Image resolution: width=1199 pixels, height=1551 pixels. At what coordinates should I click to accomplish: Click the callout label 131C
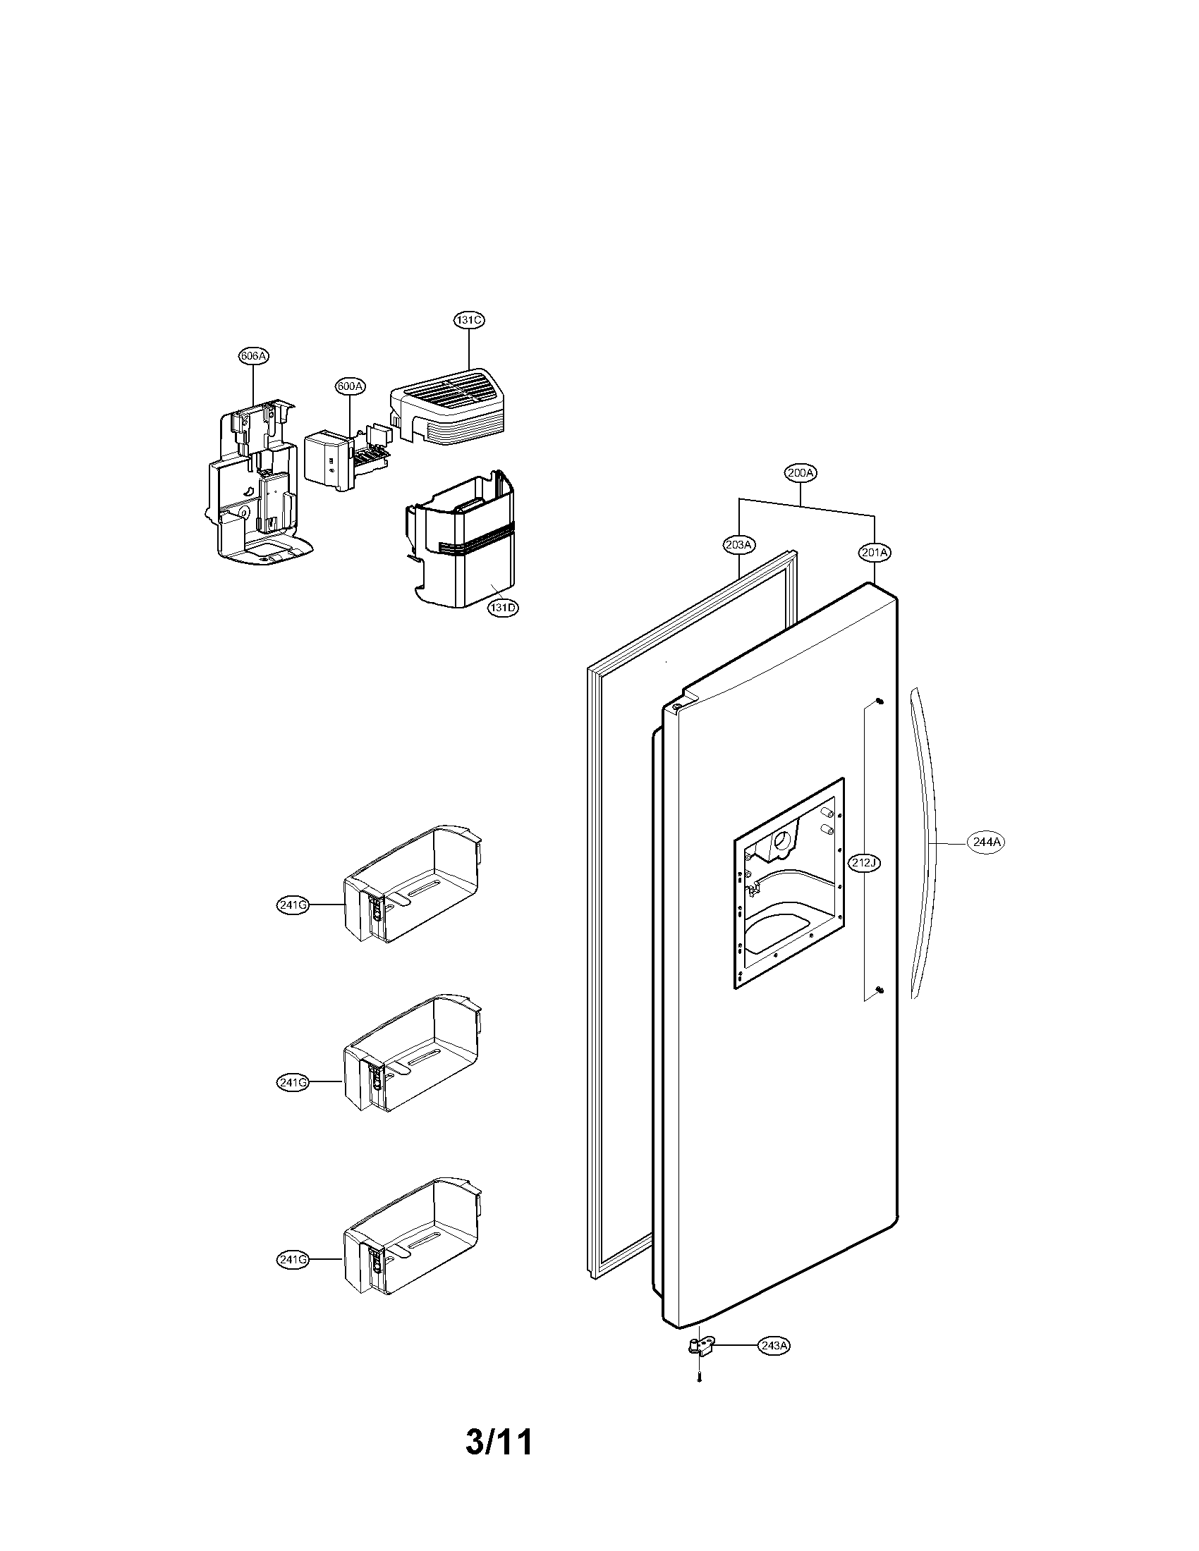click(469, 320)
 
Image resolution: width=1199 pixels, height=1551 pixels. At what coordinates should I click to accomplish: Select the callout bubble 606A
click(254, 356)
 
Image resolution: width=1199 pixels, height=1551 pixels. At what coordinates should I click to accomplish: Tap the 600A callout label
click(351, 386)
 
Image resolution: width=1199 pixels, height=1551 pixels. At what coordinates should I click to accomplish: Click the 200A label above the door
click(801, 472)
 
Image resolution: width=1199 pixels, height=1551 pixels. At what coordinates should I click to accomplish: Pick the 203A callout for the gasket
click(738, 545)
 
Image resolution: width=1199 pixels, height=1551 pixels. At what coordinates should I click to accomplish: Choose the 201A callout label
click(874, 552)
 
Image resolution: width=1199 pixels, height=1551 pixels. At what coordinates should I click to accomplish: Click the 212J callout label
click(865, 863)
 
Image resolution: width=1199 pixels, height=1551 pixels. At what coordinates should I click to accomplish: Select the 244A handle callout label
click(987, 842)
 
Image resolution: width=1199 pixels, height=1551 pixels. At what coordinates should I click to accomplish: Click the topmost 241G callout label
click(293, 905)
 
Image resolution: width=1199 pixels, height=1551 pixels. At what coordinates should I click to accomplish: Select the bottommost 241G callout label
click(293, 1259)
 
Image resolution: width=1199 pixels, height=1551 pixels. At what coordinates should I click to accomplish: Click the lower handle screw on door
click(880, 990)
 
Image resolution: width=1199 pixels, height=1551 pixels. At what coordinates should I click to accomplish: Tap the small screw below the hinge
click(699, 1380)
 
